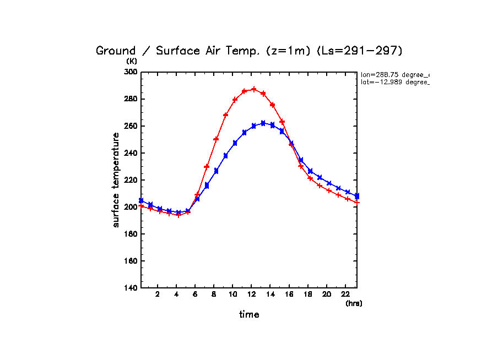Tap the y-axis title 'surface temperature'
(116, 180)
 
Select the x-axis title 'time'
(248, 315)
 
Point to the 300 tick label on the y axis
(131, 72)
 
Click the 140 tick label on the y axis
(131, 288)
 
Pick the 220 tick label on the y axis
(131, 180)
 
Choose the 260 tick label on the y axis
(131, 126)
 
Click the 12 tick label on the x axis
(252, 294)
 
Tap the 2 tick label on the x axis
(158, 294)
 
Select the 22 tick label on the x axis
(345, 294)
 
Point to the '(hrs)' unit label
(354, 303)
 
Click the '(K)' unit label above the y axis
(131, 61)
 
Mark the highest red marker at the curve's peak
(254, 89)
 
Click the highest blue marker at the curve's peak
(263, 123)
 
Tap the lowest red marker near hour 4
(178, 215)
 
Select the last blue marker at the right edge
(357, 196)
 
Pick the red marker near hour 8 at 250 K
(216, 139)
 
